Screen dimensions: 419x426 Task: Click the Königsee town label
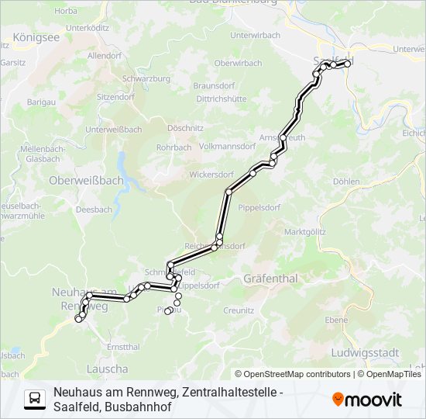(x=36, y=36)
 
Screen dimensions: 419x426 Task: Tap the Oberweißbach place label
(x=86, y=180)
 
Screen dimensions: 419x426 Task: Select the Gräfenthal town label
(x=271, y=277)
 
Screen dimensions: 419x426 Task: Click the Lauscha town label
(x=108, y=369)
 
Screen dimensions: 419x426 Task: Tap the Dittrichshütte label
(x=221, y=99)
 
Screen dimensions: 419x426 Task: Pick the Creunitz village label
(x=239, y=310)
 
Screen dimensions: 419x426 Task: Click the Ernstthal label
(x=123, y=346)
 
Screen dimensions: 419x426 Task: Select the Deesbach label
(x=94, y=209)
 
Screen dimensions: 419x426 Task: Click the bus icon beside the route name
(x=35, y=399)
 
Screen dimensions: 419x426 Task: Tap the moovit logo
(x=367, y=400)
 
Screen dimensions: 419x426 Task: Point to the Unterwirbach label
(x=255, y=36)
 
